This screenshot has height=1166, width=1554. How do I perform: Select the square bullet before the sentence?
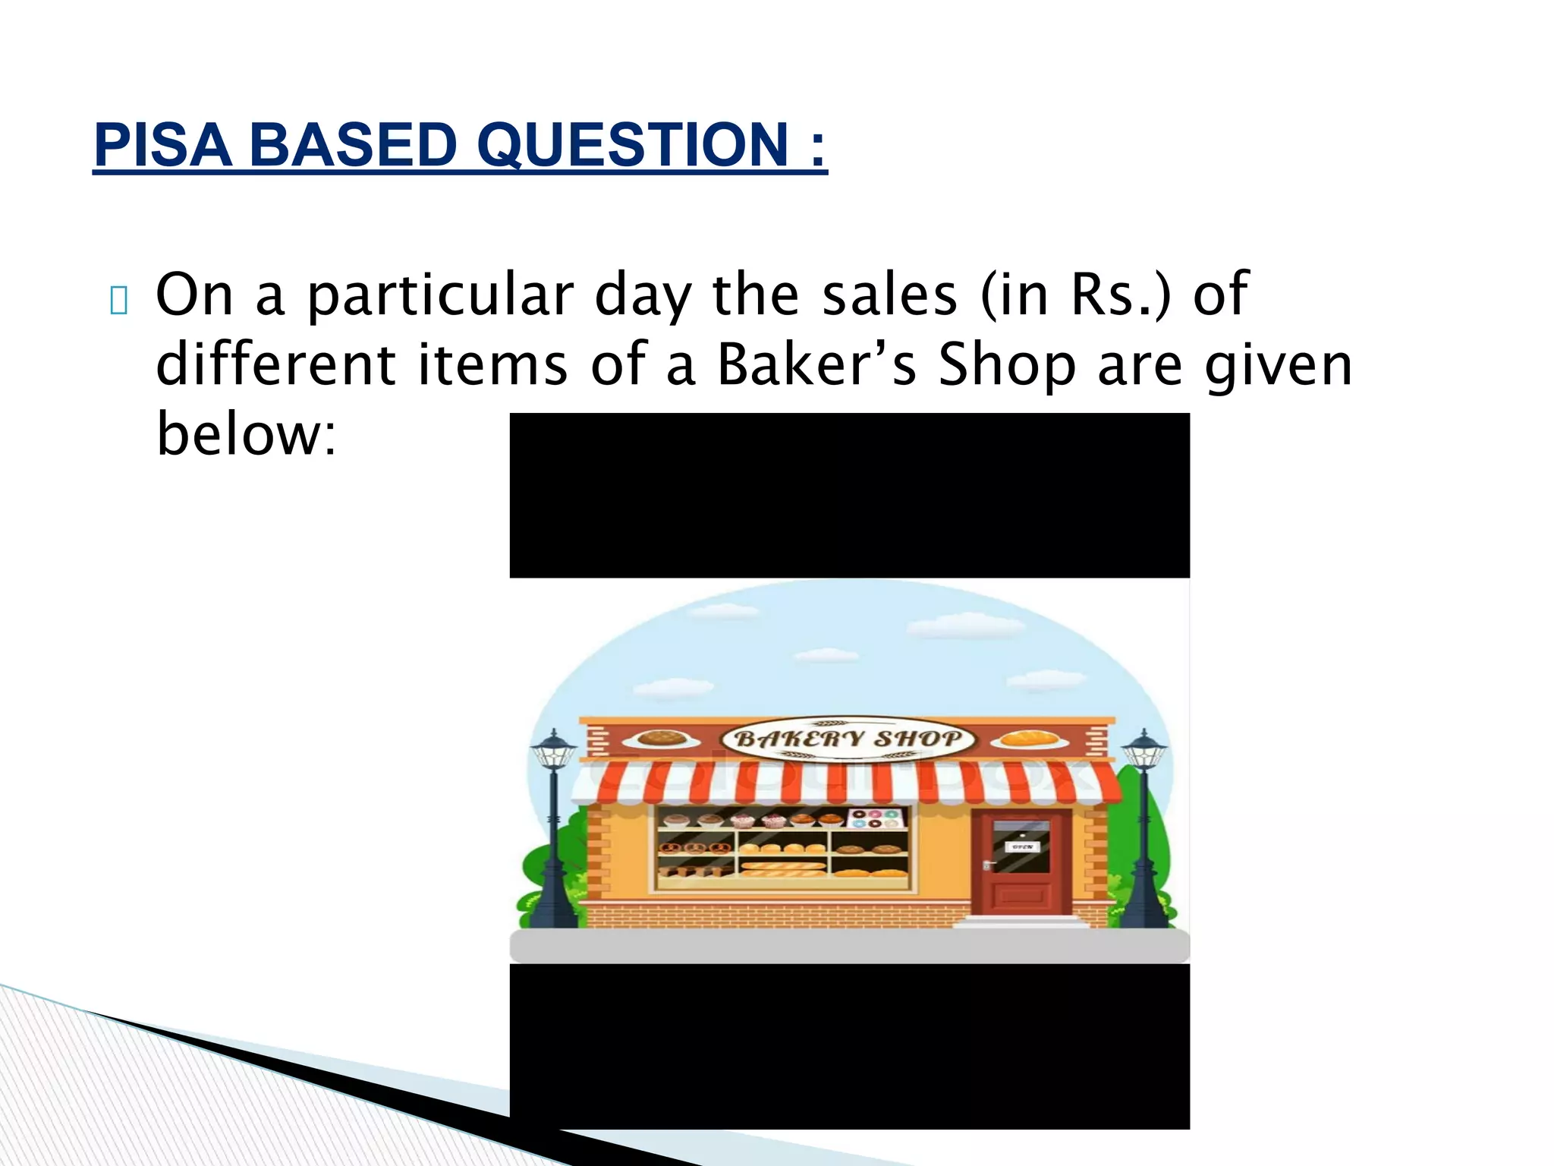(118, 301)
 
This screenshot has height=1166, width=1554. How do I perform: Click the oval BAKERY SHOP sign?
(848, 739)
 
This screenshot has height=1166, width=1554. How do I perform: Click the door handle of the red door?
(987, 864)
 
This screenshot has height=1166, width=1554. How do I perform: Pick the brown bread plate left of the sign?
(662, 739)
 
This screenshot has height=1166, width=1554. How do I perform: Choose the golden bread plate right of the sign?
(1029, 739)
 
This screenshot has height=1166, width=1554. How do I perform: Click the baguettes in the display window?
(783, 866)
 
